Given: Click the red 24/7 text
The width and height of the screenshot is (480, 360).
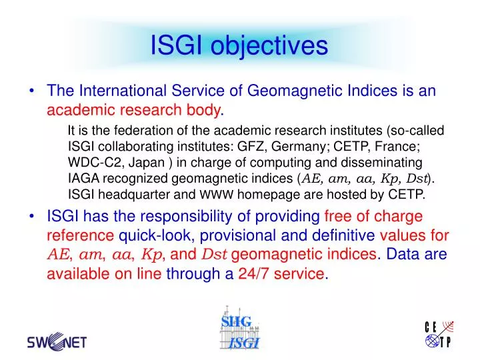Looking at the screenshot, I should (x=257, y=273).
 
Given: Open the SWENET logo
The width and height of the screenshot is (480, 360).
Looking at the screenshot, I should (x=57, y=342).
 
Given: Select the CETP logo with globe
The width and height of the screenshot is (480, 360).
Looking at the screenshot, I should (x=439, y=335).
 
